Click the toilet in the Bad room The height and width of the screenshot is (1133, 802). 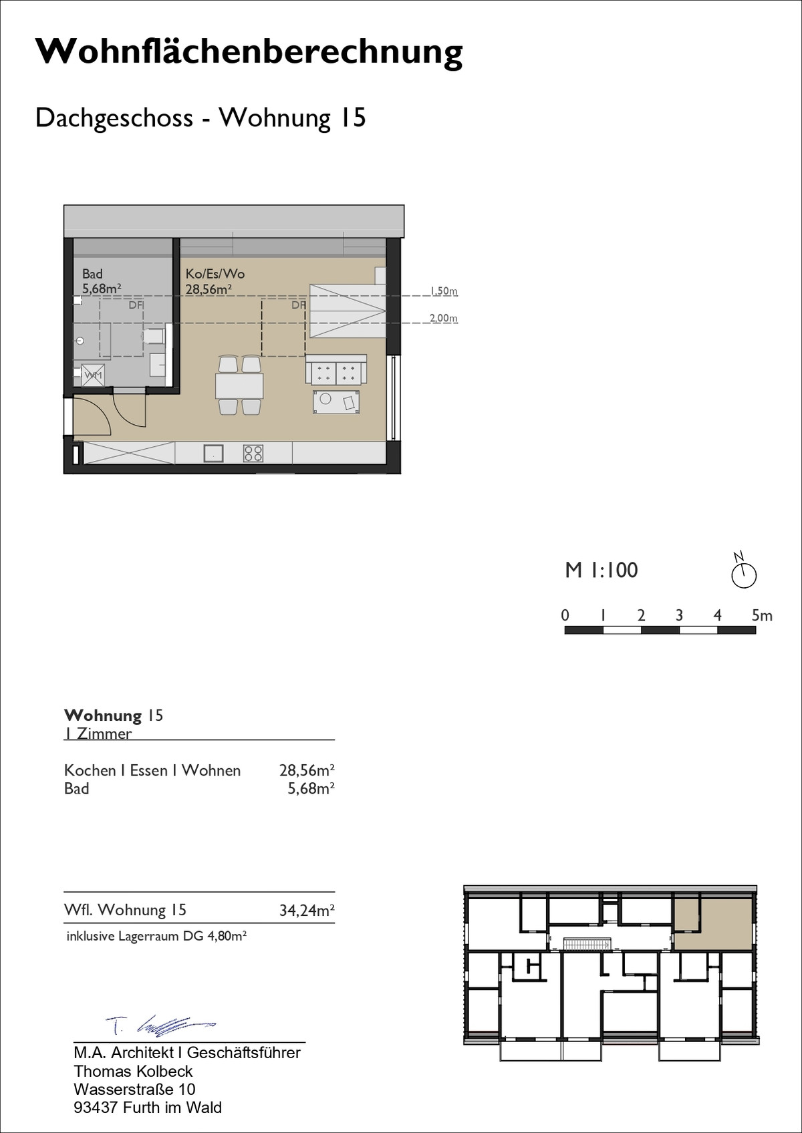153,336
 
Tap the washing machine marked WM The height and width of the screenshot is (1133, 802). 93,375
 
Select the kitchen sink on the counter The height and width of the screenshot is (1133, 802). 213,453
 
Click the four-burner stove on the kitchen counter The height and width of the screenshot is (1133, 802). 253,453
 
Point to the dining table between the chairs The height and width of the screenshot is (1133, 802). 239,386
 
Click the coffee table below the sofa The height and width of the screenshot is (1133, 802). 336,402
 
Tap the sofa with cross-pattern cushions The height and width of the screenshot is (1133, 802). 336,369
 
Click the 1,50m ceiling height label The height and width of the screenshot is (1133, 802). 444,291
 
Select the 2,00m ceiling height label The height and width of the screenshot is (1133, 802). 444,318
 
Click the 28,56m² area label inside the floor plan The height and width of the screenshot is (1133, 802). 209,289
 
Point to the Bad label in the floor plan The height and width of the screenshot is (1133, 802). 93,274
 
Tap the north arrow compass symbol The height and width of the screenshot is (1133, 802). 743,571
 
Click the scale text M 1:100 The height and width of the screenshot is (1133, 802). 601,570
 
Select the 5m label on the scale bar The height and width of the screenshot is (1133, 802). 762,615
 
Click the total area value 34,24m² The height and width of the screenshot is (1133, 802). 307,911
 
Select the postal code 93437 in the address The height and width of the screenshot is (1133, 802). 96,1108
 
